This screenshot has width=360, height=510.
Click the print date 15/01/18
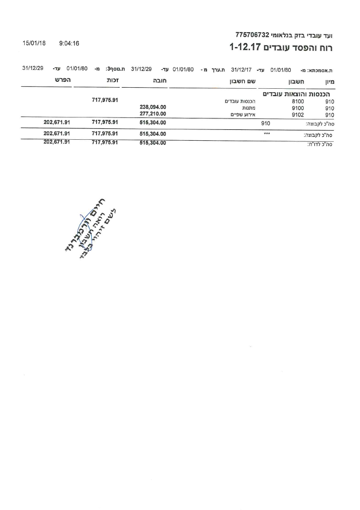pos(34,44)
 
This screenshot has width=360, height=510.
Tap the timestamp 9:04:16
pos(69,44)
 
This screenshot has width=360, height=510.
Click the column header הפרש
pos(63,80)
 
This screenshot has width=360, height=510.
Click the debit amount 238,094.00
pos(153,107)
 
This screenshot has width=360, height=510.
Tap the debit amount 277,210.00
pos(153,113)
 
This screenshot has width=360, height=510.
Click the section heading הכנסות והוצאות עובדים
pos(299,94)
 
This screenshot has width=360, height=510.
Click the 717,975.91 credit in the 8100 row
pos(105,101)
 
